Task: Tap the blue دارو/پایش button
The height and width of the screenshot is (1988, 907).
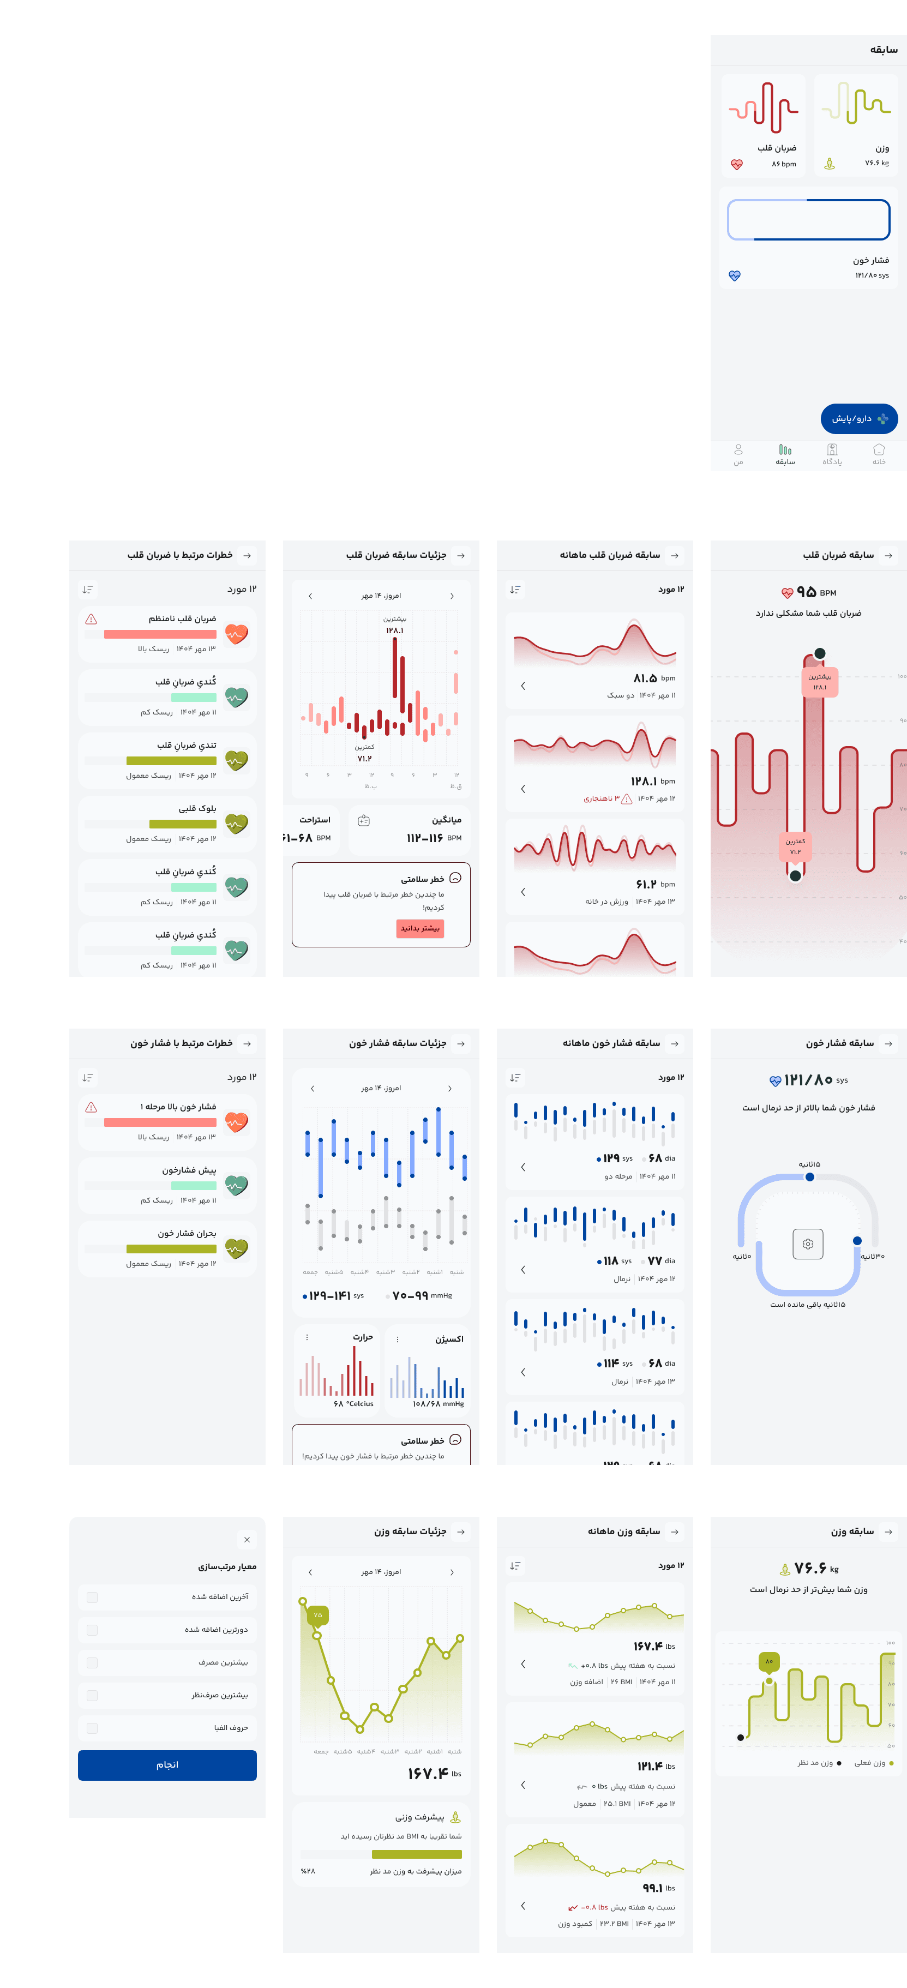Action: click(858, 418)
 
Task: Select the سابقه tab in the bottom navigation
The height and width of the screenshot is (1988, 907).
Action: click(785, 454)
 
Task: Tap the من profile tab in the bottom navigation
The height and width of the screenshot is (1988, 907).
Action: click(738, 454)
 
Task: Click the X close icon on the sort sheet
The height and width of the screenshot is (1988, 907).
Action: click(247, 1540)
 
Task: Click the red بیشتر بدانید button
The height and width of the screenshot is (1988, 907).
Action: click(420, 928)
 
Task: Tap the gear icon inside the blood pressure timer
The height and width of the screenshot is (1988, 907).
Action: click(807, 1244)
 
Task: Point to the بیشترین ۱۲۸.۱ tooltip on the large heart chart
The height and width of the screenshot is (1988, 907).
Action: click(819, 682)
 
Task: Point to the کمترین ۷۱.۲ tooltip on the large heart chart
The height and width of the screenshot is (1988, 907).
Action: click(795, 846)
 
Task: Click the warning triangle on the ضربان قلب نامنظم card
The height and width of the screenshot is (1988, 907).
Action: click(91, 619)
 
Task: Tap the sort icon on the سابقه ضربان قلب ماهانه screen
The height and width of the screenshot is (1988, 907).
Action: click(515, 590)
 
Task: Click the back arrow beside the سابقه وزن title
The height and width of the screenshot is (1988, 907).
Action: click(888, 1531)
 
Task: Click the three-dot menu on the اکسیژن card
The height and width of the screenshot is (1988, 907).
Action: click(398, 1339)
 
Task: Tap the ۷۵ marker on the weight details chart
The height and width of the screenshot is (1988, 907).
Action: click(317, 1614)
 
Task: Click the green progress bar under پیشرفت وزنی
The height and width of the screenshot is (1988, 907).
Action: click(417, 1854)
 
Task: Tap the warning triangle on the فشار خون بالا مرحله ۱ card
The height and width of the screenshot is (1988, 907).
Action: click(91, 1107)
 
